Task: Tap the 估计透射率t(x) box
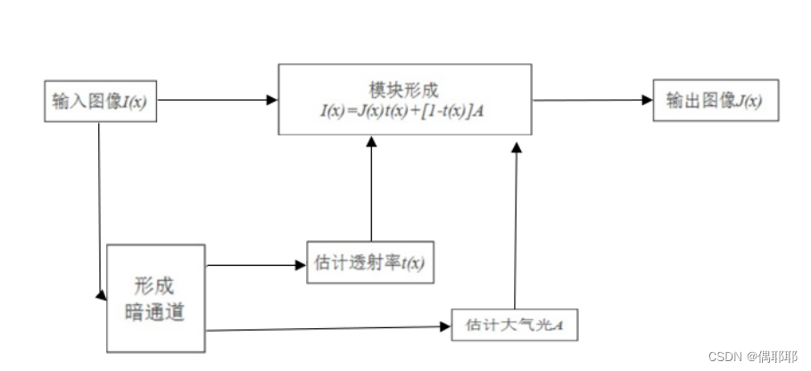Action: [370, 262]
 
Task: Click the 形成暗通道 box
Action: [155, 299]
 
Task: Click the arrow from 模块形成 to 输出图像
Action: [592, 100]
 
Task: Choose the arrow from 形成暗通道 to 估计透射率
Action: [255, 264]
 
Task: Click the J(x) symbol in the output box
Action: [749, 102]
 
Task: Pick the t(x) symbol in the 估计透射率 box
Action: [412, 263]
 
